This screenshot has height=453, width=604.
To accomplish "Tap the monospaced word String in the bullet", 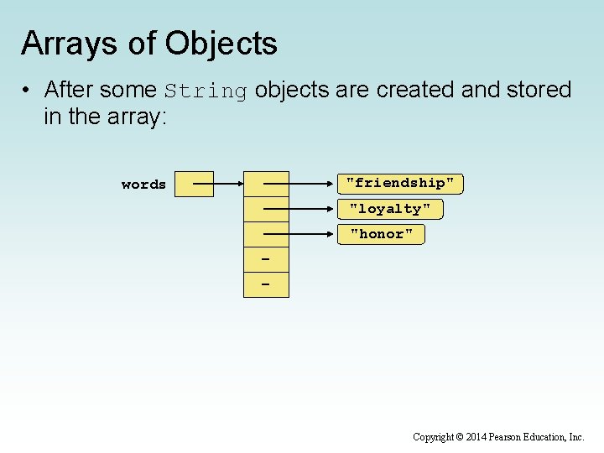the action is coord(206,91).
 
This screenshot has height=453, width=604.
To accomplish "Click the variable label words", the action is coord(143,185).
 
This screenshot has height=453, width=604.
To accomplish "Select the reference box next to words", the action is coord(192,184).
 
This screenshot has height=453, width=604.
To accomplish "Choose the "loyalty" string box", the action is coord(390,209).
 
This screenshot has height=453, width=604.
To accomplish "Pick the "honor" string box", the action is coord(382,234).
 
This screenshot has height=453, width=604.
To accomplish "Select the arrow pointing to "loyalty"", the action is coord(302,209).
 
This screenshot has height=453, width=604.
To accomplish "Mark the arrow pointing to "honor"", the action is coord(302,234).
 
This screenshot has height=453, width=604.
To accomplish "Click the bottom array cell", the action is coord(266,285).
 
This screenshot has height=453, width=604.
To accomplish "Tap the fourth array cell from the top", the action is coord(266,260).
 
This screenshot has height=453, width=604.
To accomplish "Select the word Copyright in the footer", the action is coord(433,437).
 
